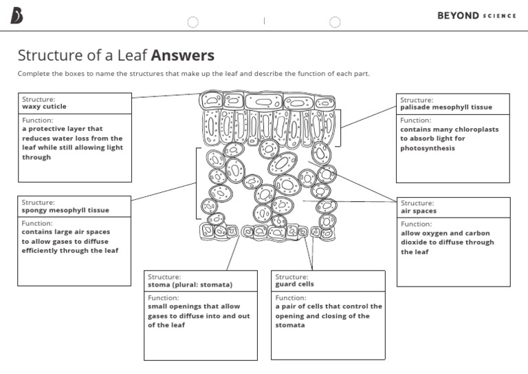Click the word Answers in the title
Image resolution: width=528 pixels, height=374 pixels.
click(183, 55)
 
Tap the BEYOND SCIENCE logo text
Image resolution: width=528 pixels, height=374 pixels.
click(476, 16)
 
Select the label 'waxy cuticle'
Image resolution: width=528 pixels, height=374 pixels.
click(44, 107)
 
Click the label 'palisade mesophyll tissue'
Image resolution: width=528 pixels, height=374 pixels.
click(446, 107)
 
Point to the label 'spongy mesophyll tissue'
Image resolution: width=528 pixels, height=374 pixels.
click(65, 210)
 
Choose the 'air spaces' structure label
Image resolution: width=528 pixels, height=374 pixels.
click(419, 211)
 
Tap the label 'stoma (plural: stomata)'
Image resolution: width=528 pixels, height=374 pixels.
click(190, 284)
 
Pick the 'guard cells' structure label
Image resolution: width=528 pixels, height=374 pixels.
click(294, 284)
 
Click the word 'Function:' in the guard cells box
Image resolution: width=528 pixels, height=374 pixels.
click(291, 298)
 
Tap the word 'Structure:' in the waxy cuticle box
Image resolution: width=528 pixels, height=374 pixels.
click(38, 99)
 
